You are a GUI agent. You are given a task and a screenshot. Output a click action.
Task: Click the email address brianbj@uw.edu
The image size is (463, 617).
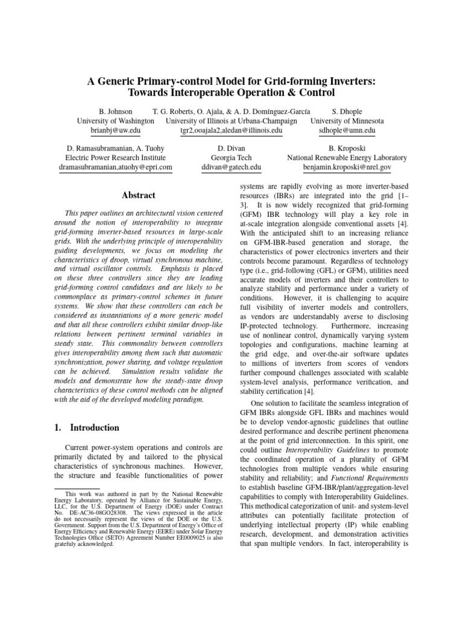[x=115, y=130]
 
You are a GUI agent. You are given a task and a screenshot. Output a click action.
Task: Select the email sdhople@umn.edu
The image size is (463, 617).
[x=347, y=130]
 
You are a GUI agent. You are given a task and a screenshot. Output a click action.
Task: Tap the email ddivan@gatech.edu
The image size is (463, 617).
[x=231, y=167]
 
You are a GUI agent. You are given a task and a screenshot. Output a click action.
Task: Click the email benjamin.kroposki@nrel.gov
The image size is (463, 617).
[x=347, y=167]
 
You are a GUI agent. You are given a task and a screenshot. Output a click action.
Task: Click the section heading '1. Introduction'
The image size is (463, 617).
[x=85, y=428]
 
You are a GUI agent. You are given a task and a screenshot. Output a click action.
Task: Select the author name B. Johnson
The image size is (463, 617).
[x=115, y=111]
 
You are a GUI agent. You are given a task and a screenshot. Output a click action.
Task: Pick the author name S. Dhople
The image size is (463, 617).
[x=347, y=111]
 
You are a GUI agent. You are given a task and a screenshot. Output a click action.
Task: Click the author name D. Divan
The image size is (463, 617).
[x=231, y=148]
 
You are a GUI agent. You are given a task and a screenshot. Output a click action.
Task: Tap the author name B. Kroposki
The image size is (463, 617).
[x=347, y=148]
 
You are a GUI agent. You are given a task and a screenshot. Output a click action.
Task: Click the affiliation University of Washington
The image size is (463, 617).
[x=115, y=121]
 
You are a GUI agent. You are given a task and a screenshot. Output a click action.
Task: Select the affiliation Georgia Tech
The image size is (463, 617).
[x=231, y=158]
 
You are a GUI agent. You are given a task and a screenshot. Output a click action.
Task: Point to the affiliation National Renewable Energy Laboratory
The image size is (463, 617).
[x=347, y=158]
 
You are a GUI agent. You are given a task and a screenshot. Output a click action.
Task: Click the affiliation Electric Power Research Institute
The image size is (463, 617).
[x=115, y=158]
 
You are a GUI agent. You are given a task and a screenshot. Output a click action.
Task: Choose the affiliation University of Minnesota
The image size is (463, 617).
[x=347, y=121]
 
